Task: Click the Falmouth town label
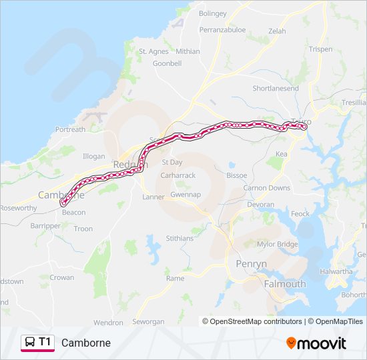tap(285, 283)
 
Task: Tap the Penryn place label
tap(252, 264)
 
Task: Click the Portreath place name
tap(71, 129)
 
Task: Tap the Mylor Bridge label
tap(278, 244)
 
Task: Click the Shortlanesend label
tap(276, 89)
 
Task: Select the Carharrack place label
tap(177, 175)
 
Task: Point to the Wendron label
tap(108, 323)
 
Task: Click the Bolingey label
tap(213, 13)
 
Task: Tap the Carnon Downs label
tap(266, 188)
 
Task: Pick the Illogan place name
tap(93, 156)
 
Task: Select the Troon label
tap(83, 229)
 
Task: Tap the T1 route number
tap(45, 342)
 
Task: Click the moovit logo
tap(316, 343)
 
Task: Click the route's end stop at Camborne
tap(63, 202)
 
